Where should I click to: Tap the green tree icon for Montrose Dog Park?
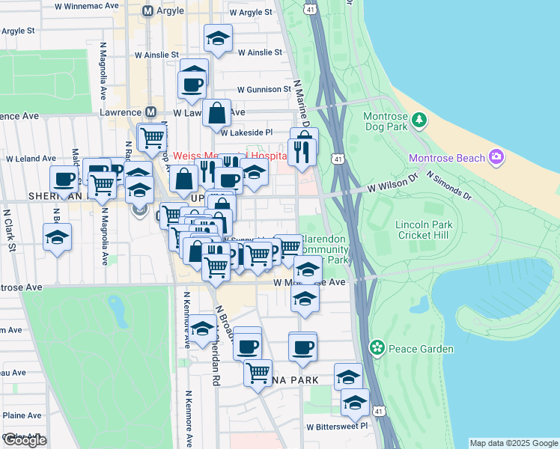419,118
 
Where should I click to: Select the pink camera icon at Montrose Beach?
496,157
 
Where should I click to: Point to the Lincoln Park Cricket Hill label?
404,230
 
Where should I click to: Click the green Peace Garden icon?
377,348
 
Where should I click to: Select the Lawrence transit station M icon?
151,112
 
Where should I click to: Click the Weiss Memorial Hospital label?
231,156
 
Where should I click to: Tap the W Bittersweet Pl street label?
338,425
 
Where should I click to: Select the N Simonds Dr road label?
448,187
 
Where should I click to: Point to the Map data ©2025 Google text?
514,443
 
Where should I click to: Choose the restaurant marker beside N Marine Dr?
302,153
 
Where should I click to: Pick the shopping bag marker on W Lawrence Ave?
216,115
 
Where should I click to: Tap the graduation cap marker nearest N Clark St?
58,238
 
